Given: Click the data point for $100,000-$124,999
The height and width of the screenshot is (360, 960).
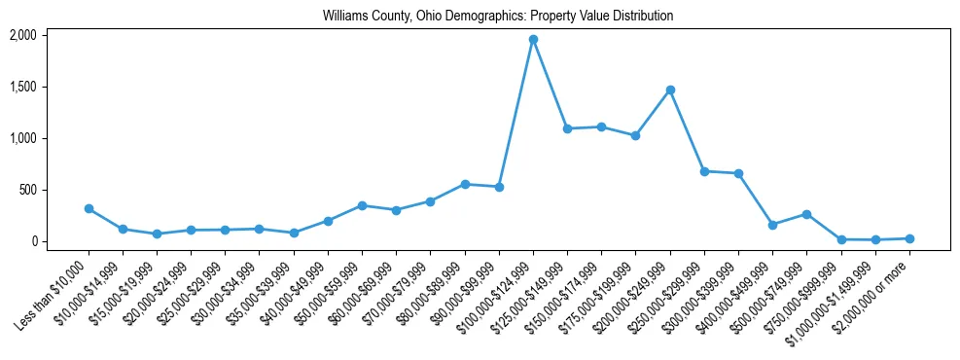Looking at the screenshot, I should (533, 40).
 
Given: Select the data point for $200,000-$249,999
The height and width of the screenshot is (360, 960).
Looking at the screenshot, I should (670, 90).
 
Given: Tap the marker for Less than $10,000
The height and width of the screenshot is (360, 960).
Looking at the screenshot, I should (89, 208).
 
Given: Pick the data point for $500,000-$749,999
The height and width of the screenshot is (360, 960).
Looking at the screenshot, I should (806, 214).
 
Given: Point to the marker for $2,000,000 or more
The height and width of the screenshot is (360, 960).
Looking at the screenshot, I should (909, 238).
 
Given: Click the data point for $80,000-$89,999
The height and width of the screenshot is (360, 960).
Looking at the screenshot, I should (465, 184).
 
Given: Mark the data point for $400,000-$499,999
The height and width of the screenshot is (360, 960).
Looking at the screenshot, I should (772, 225).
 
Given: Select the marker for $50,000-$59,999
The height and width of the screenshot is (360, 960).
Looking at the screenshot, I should (362, 205).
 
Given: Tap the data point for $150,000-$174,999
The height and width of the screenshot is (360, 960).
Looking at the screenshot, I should (601, 126).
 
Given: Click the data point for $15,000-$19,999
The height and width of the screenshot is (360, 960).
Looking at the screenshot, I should (157, 234).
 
